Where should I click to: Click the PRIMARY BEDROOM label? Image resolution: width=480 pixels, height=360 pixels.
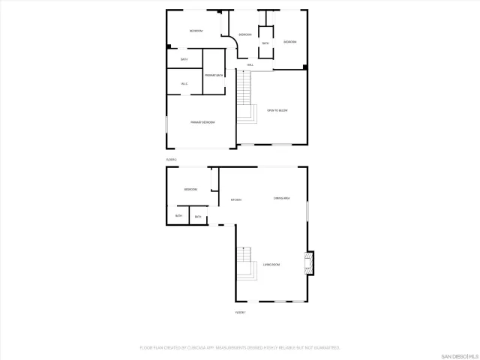point(202,122)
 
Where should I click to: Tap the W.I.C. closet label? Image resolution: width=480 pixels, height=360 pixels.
point(184,83)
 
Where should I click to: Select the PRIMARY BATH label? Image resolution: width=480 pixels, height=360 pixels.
point(214,75)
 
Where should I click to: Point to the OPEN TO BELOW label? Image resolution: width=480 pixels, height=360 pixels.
point(277,110)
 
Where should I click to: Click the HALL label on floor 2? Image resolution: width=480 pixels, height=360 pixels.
point(250,65)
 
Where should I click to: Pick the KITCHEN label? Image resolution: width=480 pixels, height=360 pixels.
point(235,199)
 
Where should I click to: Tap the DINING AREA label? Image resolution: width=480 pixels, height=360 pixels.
point(281,198)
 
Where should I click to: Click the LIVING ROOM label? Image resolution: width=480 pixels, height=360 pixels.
point(271,265)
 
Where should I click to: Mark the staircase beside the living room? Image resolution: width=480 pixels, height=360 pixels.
point(242,262)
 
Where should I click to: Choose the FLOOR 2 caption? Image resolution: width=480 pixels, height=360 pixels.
point(171,160)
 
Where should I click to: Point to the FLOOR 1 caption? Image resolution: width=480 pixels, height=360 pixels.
point(241,312)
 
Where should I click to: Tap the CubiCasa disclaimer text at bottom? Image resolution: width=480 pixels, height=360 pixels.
point(240,348)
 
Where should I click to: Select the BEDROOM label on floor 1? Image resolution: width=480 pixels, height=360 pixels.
point(190,189)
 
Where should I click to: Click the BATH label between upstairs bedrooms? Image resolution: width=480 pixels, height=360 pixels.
point(265,43)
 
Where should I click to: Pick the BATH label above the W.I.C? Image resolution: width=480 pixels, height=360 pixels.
point(184,59)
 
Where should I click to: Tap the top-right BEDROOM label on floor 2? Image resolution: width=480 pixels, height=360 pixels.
point(289,42)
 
